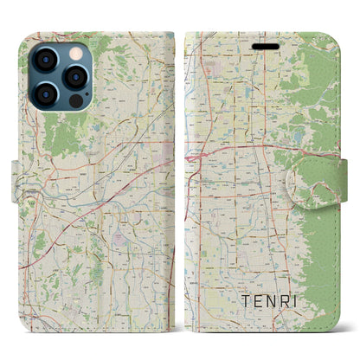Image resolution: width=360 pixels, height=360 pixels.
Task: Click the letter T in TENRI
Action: coord(244,303)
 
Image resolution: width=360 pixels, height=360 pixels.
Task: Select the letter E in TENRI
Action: coord(260,303)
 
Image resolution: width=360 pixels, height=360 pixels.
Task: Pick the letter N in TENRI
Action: coord(276,303)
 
